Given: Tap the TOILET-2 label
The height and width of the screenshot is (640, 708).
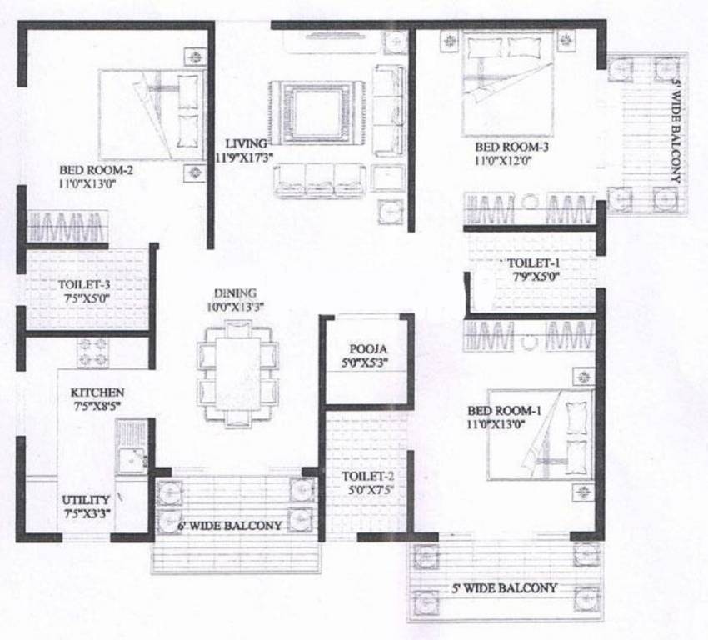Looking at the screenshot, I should [365, 477].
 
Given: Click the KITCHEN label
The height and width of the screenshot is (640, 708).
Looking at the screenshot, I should [97, 392].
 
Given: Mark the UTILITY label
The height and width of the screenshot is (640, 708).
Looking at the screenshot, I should [86, 500].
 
